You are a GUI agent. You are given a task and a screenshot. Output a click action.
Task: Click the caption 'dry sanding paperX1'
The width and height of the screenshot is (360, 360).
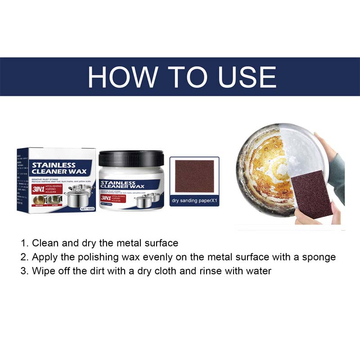click(x=194, y=200)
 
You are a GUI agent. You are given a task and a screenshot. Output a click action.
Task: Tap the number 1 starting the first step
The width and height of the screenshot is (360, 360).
click(x=23, y=243)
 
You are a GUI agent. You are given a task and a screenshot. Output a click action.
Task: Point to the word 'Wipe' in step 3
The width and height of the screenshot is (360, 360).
click(x=43, y=271)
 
